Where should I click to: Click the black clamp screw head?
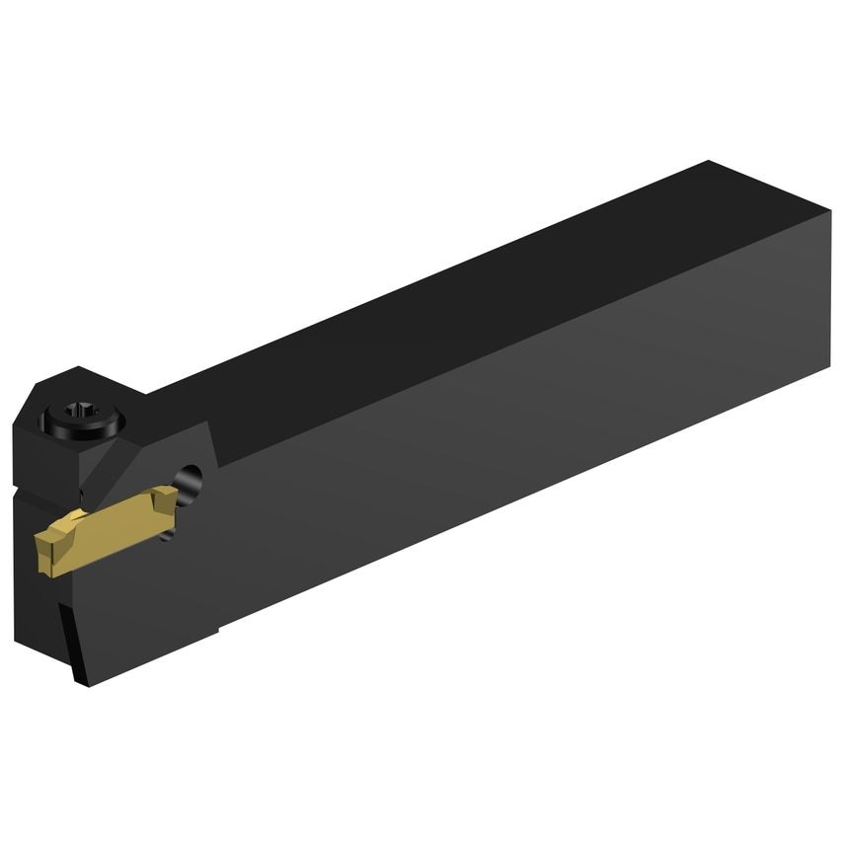pos(85,420)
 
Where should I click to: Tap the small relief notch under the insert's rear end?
pos(174,534)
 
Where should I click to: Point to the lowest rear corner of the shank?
pos(827,371)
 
